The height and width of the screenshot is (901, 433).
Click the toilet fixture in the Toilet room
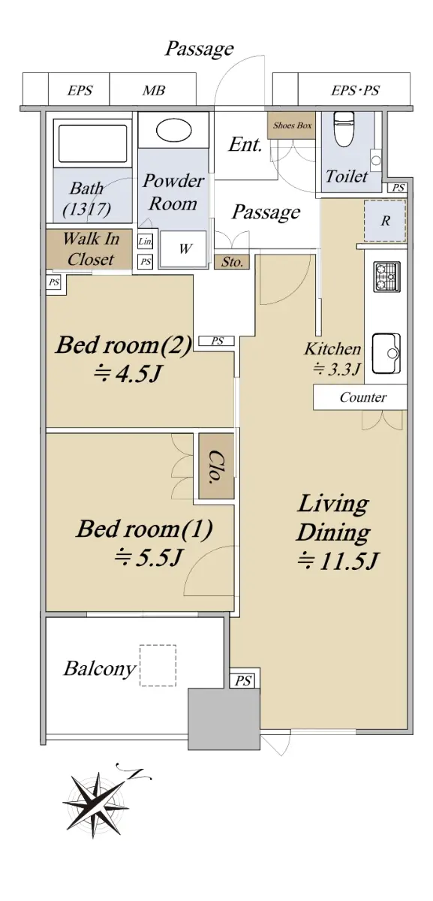[344, 128]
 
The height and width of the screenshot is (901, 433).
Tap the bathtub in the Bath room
[93, 143]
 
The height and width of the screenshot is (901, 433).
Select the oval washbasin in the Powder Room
[173, 131]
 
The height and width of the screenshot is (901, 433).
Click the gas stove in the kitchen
[386, 276]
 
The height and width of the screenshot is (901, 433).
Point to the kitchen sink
[386, 353]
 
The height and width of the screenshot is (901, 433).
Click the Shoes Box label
[292, 125]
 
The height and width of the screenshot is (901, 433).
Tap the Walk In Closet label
[91, 249]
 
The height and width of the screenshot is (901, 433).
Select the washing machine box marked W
[183, 249]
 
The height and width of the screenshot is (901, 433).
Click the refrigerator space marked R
[385, 221]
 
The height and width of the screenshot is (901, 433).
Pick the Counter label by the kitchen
[363, 397]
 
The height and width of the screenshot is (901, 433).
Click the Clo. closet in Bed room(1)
[216, 466]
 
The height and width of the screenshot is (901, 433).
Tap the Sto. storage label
[232, 262]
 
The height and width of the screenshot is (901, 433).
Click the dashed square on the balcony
[158, 665]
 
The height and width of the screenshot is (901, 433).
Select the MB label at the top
[154, 90]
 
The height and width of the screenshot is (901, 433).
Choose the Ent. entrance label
[245, 144]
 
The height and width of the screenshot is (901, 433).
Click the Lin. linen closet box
[145, 241]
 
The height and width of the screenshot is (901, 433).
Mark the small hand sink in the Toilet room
[375, 160]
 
